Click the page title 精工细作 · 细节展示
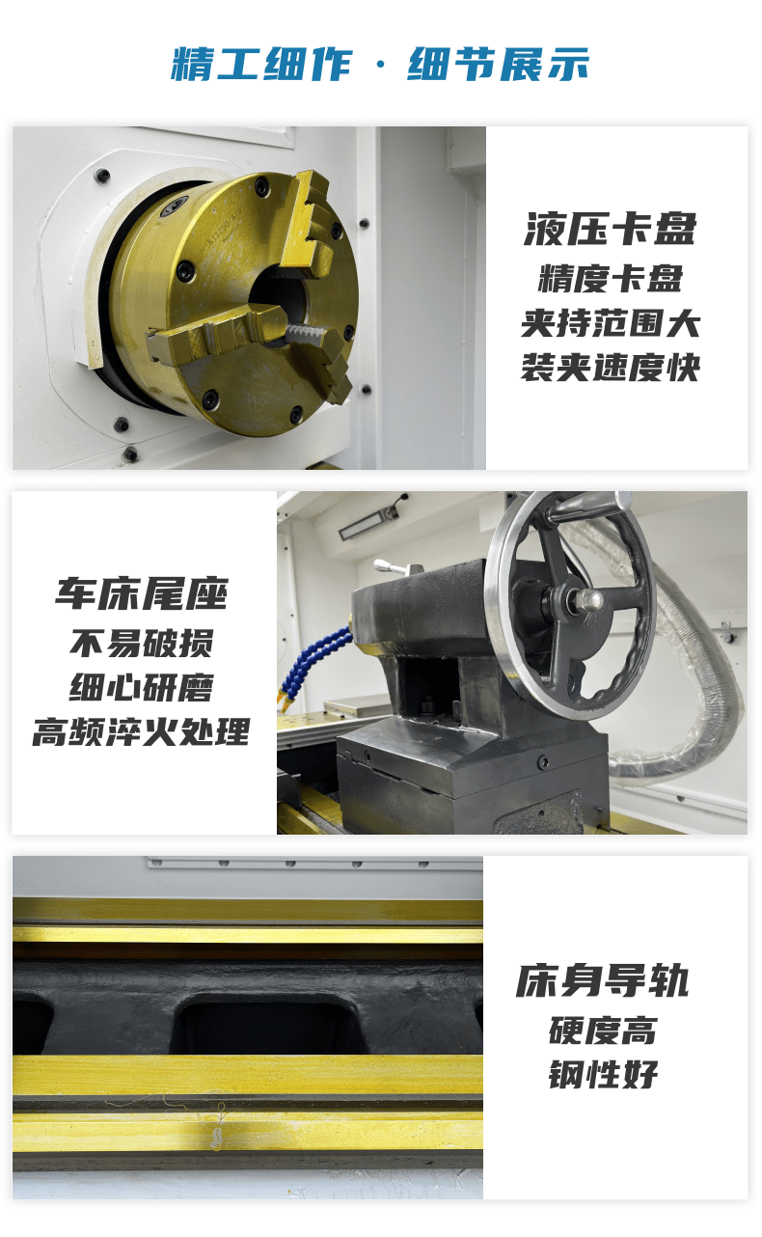coord(380,64)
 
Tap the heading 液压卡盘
coord(610,229)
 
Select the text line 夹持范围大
coord(611,323)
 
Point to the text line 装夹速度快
coord(611,368)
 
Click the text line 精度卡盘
coord(611,278)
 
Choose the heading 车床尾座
coord(142,594)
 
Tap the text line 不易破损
coord(142,644)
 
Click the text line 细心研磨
coord(142,688)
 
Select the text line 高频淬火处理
coord(142,731)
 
